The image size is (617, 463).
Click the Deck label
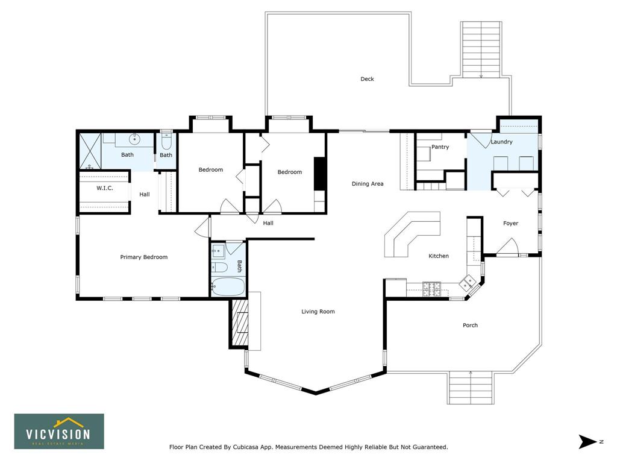pos(367,79)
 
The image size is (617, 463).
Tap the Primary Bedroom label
pos(143,257)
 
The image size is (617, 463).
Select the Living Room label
pos(318,312)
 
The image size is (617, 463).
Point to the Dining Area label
pos(367,183)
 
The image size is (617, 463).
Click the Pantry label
pos(440,147)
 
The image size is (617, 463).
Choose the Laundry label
pos(501,142)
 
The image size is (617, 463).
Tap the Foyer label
pos(510,223)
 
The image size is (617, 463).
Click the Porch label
pos(470,325)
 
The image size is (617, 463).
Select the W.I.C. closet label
pos(105,188)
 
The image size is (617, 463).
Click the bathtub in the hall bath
pos(228,286)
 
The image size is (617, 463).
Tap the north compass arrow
pos(587,441)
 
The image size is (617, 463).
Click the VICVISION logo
pos(59,432)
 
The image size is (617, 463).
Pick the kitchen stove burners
pos(431,289)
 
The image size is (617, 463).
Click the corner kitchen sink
pos(468,282)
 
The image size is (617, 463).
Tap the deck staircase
pos(481,49)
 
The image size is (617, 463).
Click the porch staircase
pos(470,388)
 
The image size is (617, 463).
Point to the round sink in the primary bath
pos(135,139)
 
